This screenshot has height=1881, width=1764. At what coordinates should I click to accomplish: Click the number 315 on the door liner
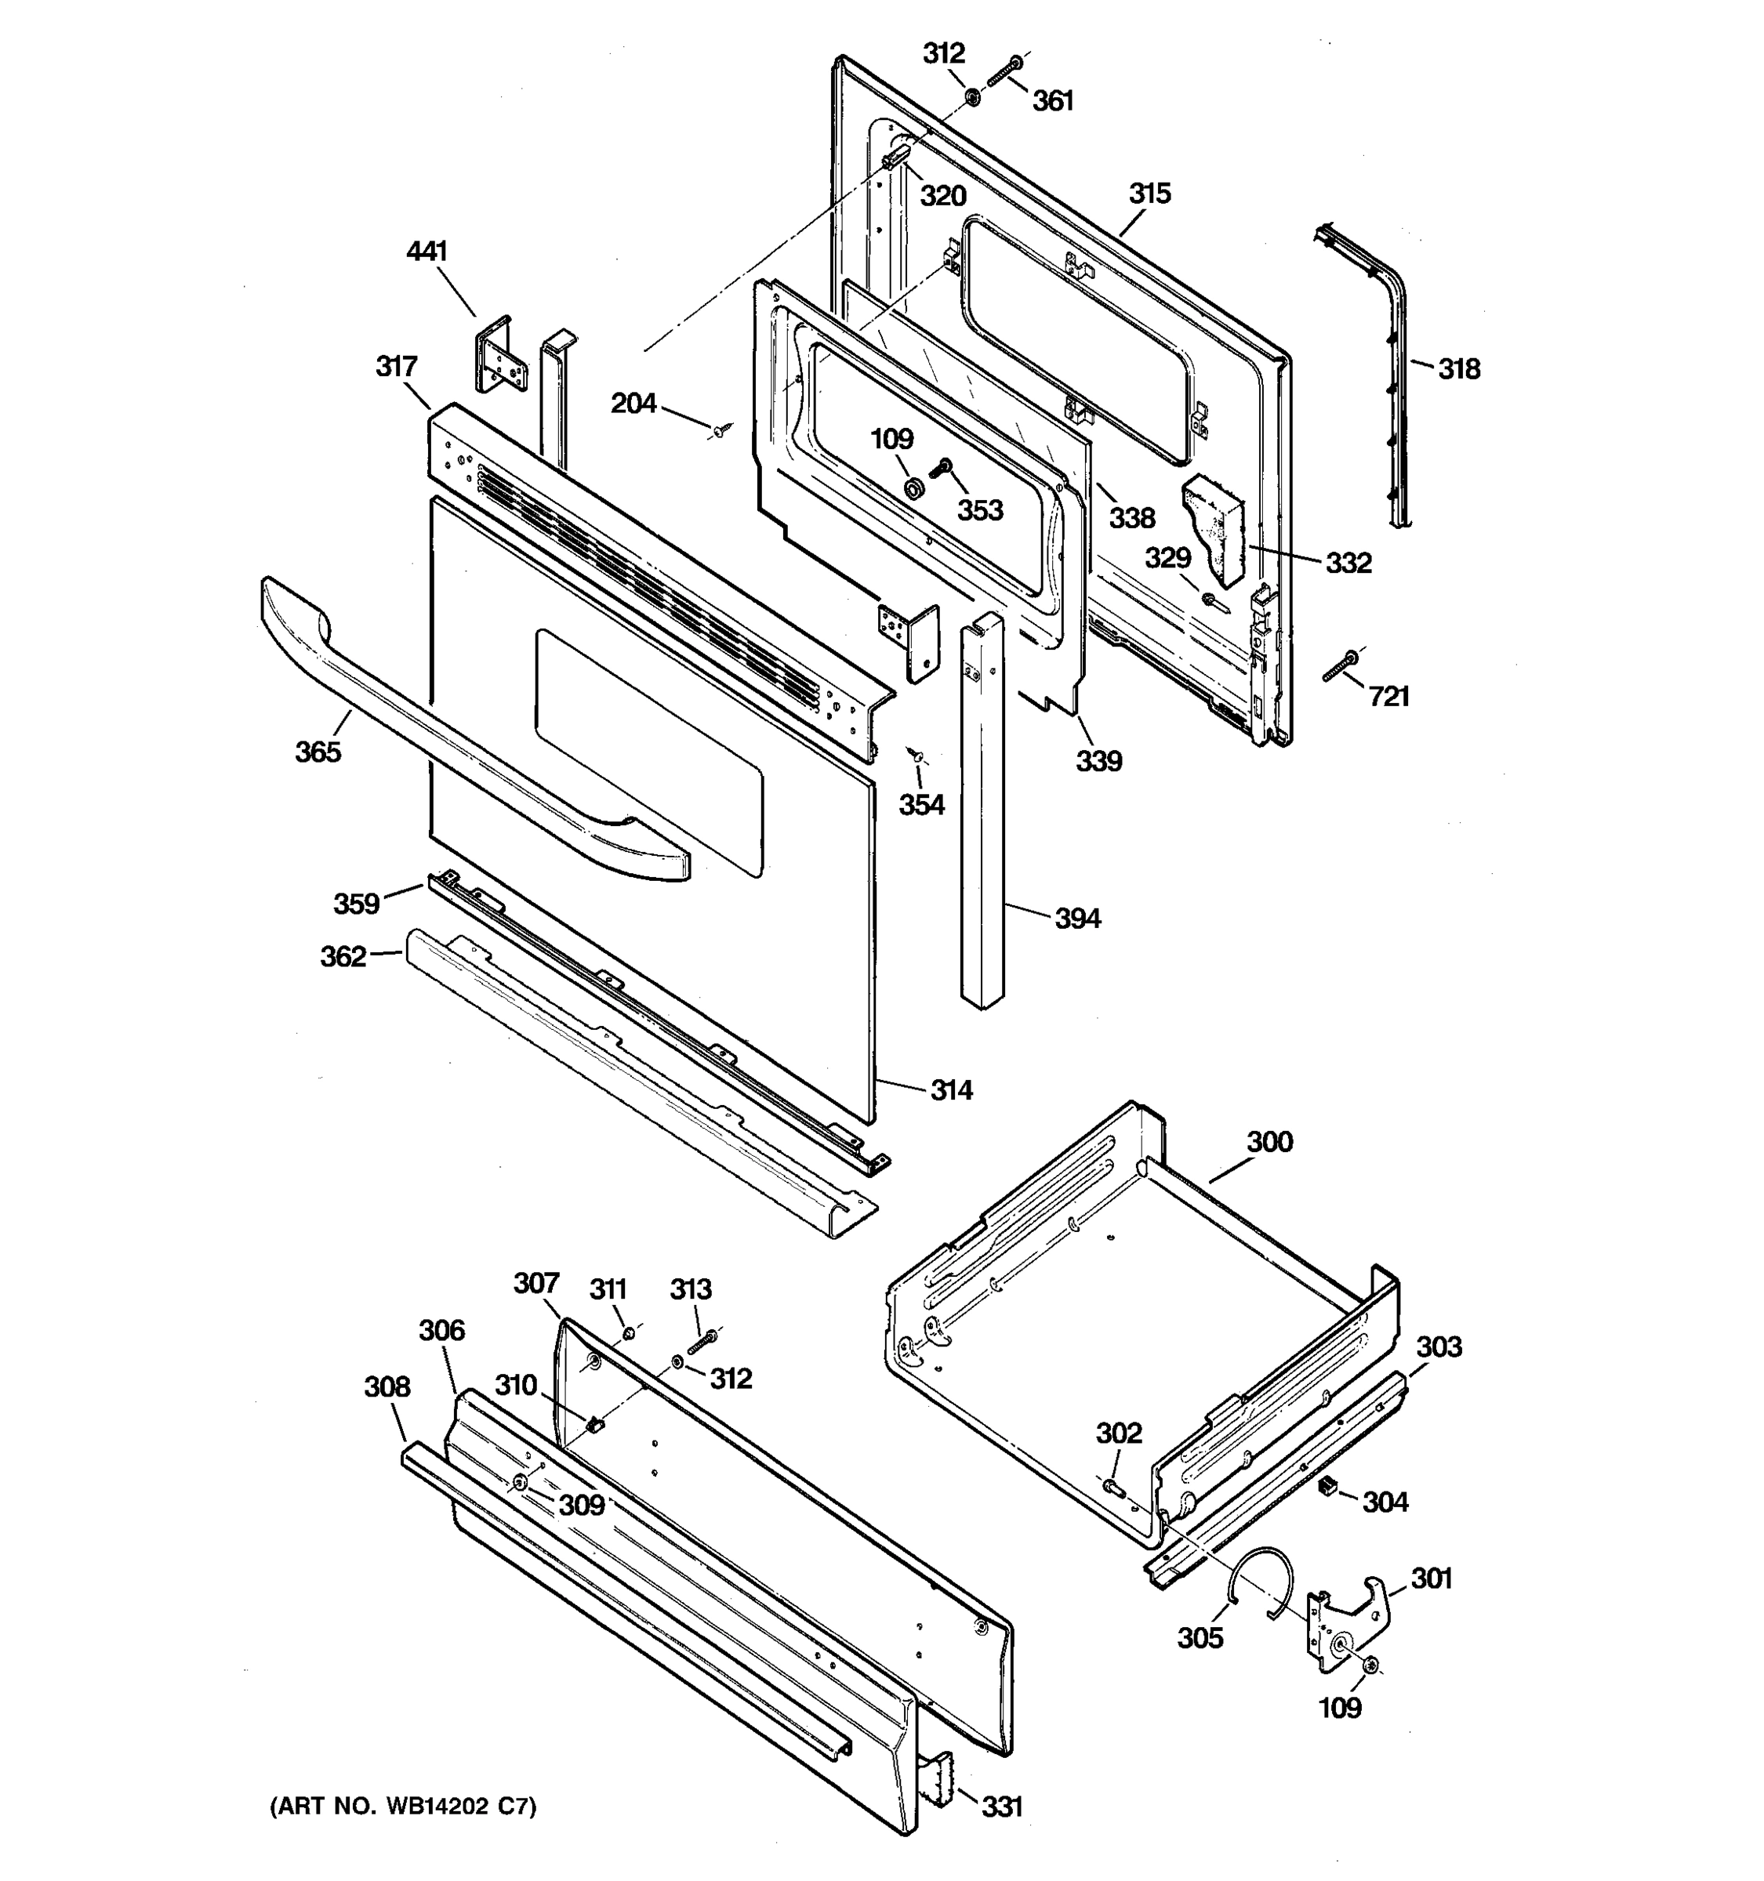tap(1150, 194)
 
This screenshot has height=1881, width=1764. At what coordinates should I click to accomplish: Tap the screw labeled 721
tap(1340, 665)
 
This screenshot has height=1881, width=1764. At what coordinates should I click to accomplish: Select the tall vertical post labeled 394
tap(982, 814)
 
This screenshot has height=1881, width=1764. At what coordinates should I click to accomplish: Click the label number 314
tap(951, 1091)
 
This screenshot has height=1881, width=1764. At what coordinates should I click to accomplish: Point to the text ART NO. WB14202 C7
tap(404, 1807)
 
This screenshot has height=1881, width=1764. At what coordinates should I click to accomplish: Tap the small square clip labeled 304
tap(1327, 1488)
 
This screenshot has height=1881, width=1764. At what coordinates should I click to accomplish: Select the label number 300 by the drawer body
tap(1269, 1142)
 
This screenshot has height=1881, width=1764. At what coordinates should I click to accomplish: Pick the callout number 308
tap(387, 1387)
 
